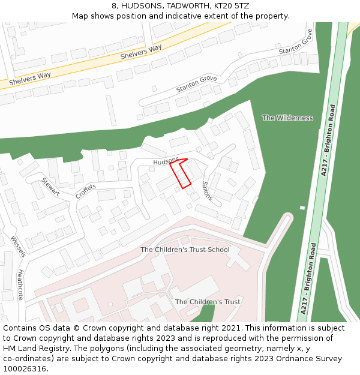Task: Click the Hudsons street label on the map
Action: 166,161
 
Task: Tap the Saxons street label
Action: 208,190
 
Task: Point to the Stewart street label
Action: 50,187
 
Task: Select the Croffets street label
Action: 86,191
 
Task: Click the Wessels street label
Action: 18,247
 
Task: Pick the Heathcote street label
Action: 20,284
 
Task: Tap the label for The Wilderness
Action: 287,118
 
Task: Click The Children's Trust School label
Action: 185,250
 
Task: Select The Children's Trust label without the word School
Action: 208,302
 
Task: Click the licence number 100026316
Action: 25,369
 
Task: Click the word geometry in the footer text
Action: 235,349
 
